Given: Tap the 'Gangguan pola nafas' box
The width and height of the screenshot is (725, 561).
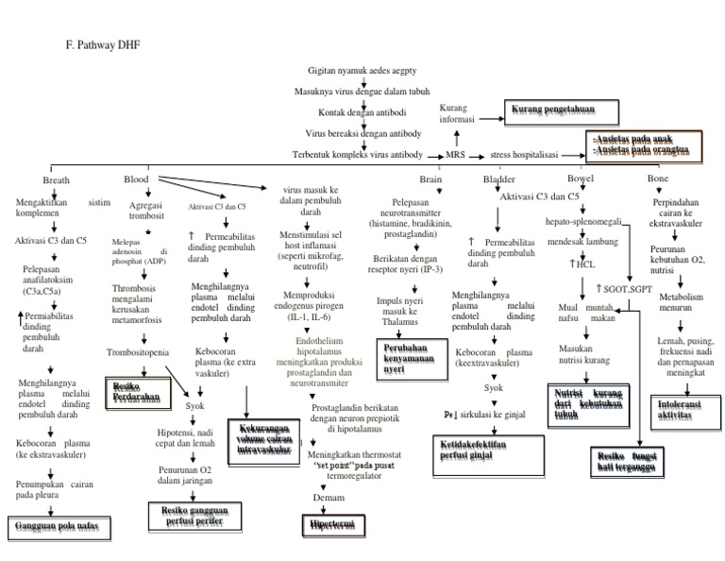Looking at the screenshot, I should click(56, 524).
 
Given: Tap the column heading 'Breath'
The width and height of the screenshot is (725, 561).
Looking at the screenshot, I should click(56, 179).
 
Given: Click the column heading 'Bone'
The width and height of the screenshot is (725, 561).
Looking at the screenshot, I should click(657, 178).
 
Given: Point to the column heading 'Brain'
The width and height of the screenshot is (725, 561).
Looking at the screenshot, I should click(431, 178).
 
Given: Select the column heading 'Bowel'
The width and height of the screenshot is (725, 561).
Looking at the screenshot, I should click(579, 178).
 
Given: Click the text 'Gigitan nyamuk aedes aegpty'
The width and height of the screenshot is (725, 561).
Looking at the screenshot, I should click(363, 71).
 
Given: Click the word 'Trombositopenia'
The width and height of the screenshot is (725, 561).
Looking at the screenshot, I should click(138, 353).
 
